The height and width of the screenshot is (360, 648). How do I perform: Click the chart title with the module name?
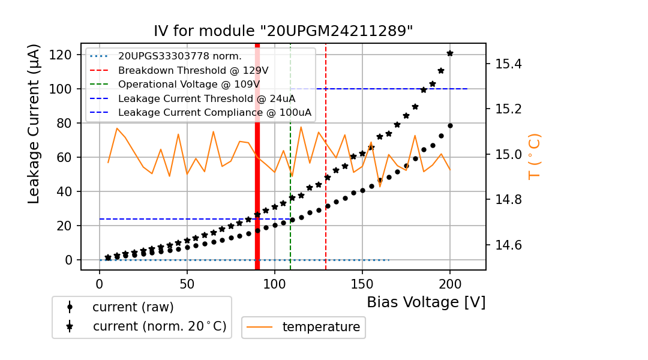click(x=283, y=32)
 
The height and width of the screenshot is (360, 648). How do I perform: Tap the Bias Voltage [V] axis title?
click(x=426, y=302)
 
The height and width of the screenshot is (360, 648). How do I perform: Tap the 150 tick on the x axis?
click(x=362, y=281)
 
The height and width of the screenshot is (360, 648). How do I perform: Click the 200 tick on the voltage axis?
click(x=450, y=281)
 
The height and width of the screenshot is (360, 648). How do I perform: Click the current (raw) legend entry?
click(x=133, y=307)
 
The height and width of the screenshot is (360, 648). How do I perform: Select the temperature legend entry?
click(x=321, y=327)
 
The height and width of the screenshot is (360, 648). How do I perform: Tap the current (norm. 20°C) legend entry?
click(x=159, y=326)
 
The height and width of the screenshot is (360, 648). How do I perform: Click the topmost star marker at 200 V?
click(x=450, y=53)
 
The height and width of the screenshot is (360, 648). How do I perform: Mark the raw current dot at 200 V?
click(x=450, y=125)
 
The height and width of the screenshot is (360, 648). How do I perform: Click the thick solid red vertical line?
click(x=257, y=180)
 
